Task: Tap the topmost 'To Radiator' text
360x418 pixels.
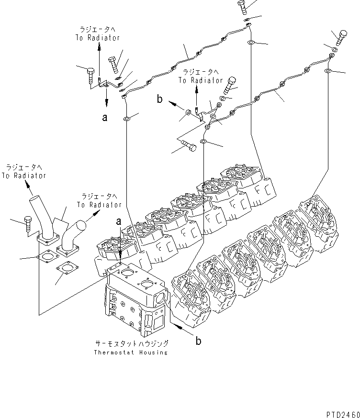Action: click(x=98, y=38)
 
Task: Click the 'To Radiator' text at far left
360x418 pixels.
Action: click(x=23, y=176)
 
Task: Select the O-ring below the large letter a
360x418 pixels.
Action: click(x=126, y=118)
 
